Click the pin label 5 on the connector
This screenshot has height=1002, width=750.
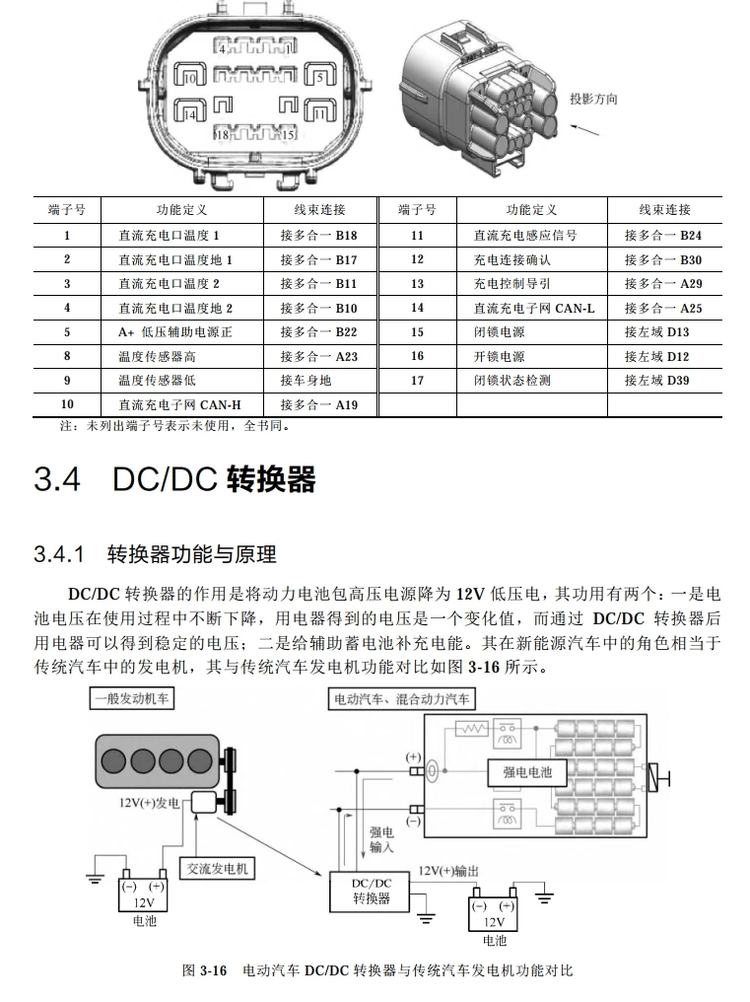(x=318, y=76)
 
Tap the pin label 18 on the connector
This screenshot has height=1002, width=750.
(x=223, y=134)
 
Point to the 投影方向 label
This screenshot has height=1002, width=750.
(x=593, y=100)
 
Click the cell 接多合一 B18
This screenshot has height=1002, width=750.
(x=318, y=236)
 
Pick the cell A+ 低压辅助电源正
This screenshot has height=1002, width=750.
(x=175, y=332)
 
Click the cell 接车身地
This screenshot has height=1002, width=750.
(x=306, y=381)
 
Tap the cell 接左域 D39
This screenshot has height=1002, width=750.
(x=656, y=381)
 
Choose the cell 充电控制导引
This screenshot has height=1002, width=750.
(x=511, y=284)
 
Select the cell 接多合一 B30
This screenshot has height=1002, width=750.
(x=663, y=259)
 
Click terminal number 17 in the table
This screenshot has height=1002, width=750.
(x=417, y=381)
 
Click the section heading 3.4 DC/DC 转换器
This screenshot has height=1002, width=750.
(x=174, y=479)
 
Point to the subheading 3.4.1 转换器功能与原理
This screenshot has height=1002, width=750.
(x=155, y=554)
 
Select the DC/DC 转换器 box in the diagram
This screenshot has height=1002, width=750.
(x=372, y=891)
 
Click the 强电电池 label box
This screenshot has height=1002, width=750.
(x=520, y=772)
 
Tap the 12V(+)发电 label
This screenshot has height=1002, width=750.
(x=149, y=803)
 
